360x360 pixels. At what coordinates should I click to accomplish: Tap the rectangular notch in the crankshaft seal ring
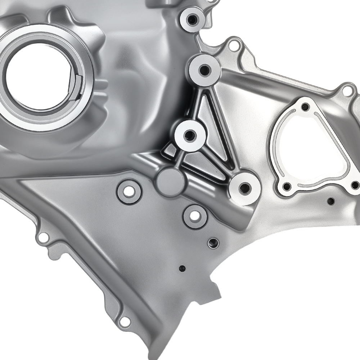coord(79,82)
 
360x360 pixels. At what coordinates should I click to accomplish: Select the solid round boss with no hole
coord(170,182)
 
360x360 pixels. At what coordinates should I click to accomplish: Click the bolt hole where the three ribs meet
coord(190,136)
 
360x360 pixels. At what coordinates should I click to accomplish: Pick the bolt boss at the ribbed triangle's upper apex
coord(204,70)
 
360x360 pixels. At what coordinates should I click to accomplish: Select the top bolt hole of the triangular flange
coord(305,107)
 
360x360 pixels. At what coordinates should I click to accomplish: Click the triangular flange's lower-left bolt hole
coord(287,186)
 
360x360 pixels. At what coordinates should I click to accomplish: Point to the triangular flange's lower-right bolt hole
coord(355,185)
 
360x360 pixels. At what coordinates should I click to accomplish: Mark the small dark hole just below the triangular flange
coord(330,201)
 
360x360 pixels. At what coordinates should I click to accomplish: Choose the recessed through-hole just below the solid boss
coord(195,216)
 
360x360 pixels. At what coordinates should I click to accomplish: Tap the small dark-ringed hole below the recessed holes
coord(213,243)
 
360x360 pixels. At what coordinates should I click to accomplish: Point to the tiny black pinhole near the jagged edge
coord(182,268)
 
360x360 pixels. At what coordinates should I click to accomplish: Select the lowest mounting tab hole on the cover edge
coord(125,321)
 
